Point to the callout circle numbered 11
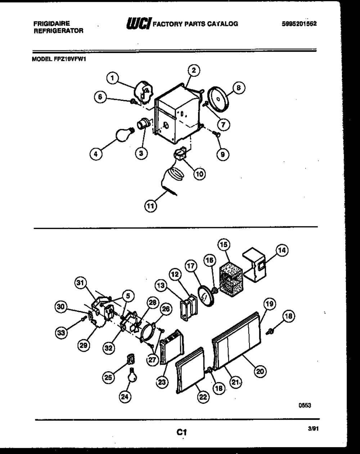click(x=150, y=206)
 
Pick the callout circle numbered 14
click(x=283, y=251)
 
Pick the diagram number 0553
click(x=305, y=405)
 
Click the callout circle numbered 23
click(x=162, y=382)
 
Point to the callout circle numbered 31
click(x=82, y=283)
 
